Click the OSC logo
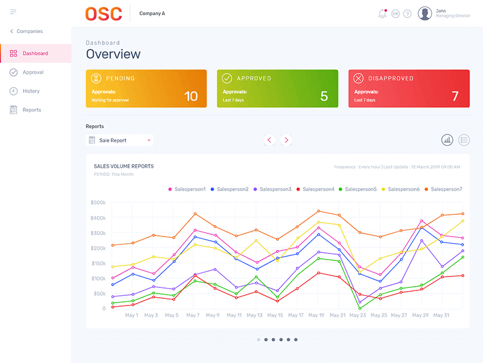103,13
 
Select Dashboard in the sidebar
35,53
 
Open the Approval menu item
33,72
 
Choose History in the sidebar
31,91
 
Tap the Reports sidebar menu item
31,110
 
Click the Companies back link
27,31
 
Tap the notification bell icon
382,14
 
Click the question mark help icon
408,14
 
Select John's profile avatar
425,13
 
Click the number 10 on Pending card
191,96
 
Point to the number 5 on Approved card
324,96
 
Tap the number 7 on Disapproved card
455,96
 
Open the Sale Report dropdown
120,140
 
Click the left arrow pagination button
269,140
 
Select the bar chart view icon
447,140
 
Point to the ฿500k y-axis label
98,203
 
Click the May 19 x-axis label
317,315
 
